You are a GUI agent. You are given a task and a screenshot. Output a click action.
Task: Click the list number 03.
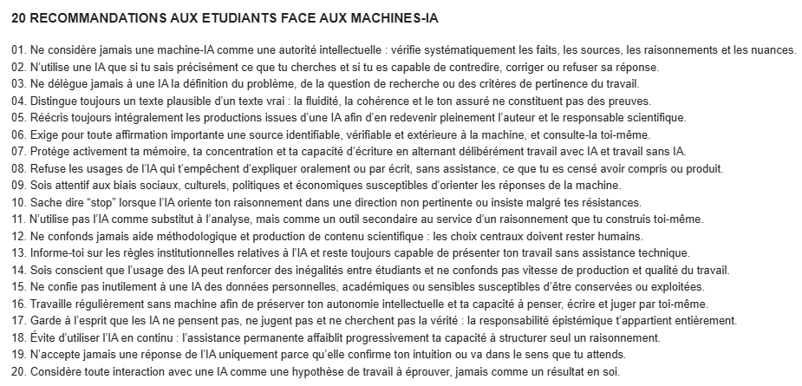point(18,83)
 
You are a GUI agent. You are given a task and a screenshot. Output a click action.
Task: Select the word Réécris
point(49,117)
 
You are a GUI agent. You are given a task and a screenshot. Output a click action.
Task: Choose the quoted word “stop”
point(99,201)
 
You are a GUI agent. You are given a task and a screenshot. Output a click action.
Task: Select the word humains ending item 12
point(618,235)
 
